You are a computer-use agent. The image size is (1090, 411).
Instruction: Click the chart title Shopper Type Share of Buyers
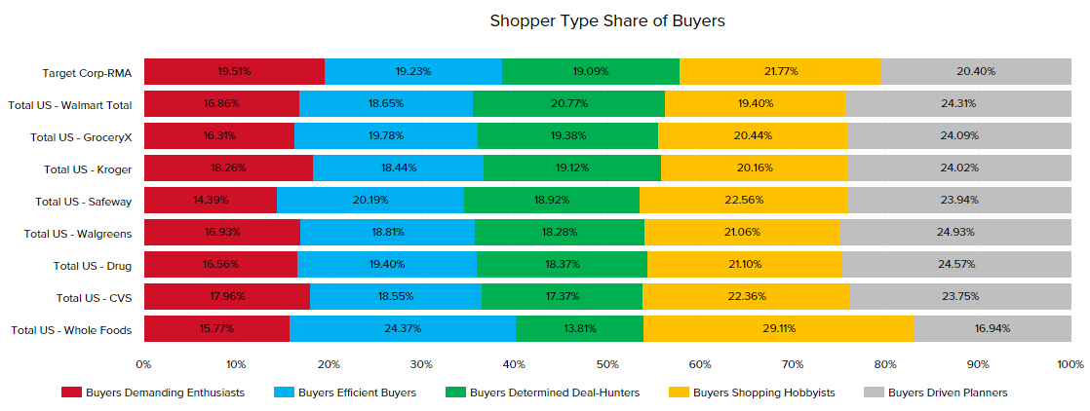pyautogui.click(x=607, y=20)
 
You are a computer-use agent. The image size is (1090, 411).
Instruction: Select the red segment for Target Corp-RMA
pyautogui.click(x=234, y=71)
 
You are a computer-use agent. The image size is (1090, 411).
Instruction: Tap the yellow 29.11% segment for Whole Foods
pyautogui.click(x=778, y=328)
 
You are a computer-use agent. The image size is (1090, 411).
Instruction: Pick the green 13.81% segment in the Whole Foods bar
pyautogui.click(x=579, y=328)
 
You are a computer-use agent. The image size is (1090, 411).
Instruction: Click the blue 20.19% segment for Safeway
pyautogui.click(x=370, y=200)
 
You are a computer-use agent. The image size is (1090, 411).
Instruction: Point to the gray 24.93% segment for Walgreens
pyautogui.click(x=954, y=232)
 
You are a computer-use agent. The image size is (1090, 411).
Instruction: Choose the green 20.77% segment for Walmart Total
pyautogui.click(x=568, y=103)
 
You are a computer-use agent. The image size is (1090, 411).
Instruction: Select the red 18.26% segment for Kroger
pyautogui.click(x=228, y=168)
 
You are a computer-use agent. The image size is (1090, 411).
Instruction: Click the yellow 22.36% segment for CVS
pyautogui.click(x=746, y=296)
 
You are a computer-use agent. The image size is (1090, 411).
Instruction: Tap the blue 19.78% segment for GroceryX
pyautogui.click(x=386, y=135)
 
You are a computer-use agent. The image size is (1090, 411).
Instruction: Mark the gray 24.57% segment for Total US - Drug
pyautogui.click(x=956, y=264)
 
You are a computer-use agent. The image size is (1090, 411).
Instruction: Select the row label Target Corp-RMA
pyautogui.click(x=87, y=72)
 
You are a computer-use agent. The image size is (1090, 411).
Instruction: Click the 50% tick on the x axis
pyautogui.click(x=607, y=363)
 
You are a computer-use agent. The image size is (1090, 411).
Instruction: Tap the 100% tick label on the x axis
pyautogui.click(x=1070, y=363)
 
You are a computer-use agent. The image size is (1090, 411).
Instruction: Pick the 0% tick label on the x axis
pyautogui.click(x=143, y=363)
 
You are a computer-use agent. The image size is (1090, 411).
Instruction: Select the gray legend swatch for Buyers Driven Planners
pyautogui.click(x=875, y=392)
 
